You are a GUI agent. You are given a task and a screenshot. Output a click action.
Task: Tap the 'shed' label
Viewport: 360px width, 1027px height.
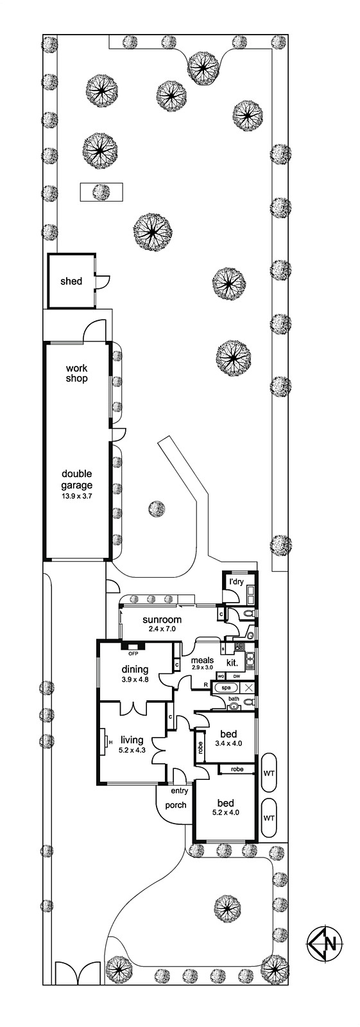coord(71,281)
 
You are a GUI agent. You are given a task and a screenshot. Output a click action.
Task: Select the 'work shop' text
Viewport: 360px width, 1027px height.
coord(76,373)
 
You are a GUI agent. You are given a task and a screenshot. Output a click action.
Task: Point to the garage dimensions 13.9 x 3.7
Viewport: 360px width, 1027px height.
coord(78,496)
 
